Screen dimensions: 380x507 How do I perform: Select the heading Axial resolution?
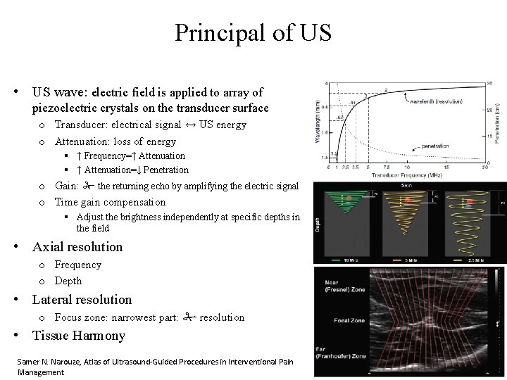pos(77,247)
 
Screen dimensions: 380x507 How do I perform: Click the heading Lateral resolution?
pos(82,300)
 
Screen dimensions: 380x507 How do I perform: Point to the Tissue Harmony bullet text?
pos(79,336)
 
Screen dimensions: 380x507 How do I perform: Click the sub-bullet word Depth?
pos(68,280)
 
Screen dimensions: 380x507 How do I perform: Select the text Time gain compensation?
pos(111,202)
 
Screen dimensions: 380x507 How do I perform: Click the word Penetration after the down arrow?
pos(166,170)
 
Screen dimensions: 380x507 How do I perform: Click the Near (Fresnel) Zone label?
pos(334,284)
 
